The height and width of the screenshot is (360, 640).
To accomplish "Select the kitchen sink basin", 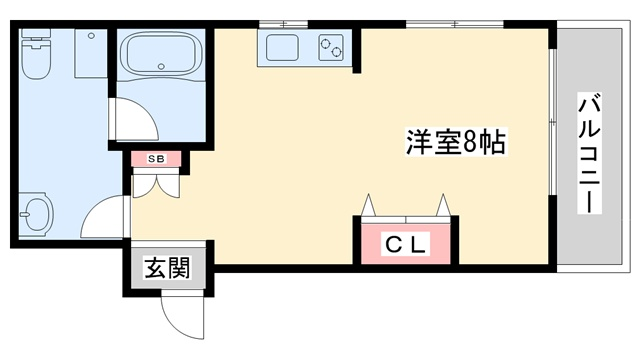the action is coord(282,47).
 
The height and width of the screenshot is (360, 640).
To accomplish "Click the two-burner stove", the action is coord(331,47).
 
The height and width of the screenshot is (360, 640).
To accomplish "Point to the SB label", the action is coord(156,159).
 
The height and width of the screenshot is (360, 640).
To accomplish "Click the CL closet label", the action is coord(406,244).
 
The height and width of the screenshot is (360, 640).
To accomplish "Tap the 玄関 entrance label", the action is coord(168,268).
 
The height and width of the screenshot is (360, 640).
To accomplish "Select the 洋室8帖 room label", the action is coord(456,142).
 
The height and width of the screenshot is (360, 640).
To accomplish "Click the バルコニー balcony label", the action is coord(589,153).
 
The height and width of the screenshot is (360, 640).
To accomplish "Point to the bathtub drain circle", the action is coord(162,67).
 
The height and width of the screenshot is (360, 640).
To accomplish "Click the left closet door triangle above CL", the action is coord(368,205).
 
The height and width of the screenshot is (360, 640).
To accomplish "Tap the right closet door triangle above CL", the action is coord(443,205).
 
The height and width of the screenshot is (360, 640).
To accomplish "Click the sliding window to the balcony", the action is coord(552,122).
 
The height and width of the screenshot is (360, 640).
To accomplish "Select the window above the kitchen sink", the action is coord(283,24).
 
